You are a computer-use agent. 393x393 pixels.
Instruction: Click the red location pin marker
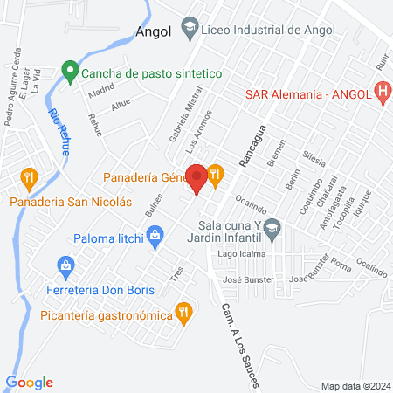[196, 177]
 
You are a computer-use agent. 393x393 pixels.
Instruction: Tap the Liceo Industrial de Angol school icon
[189, 29]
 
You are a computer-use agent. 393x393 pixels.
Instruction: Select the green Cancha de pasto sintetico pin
[70, 70]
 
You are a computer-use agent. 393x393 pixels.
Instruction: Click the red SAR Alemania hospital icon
[382, 91]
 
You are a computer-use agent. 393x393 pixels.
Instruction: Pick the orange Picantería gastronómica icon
[183, 310]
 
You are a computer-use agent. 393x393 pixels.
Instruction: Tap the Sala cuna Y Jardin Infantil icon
[272, 229]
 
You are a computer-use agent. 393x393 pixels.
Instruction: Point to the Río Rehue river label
[60, 131]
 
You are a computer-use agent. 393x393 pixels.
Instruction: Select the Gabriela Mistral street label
[179, 123]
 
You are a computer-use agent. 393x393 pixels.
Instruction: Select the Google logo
[29, 382]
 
